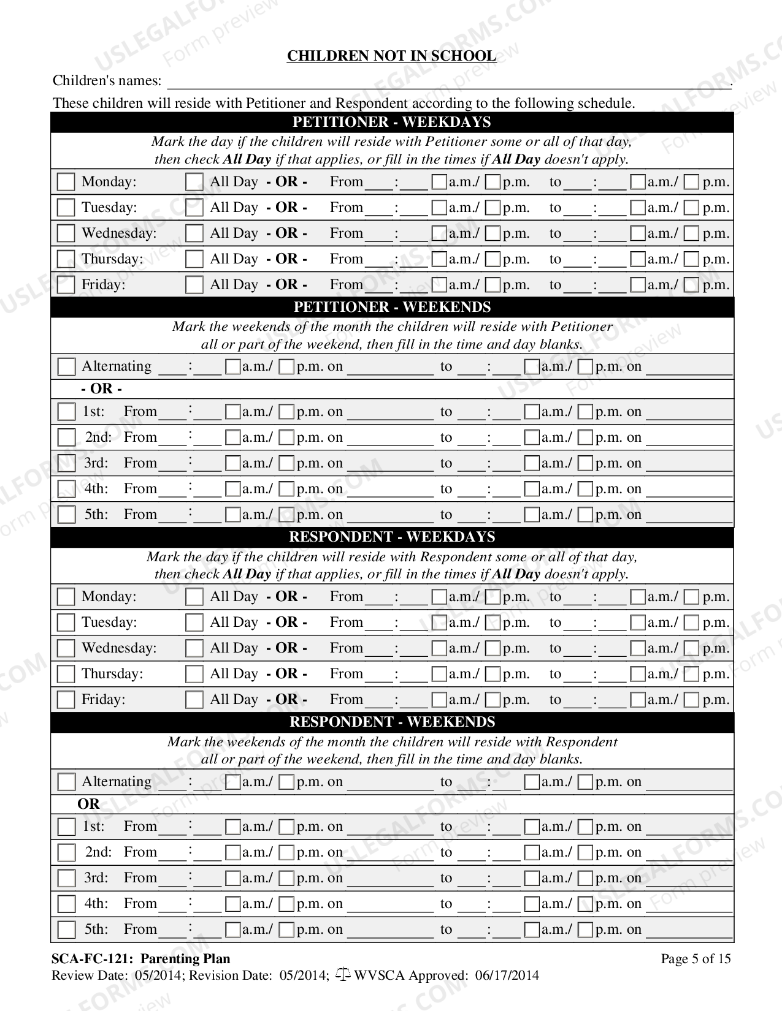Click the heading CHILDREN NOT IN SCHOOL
pos(391,56)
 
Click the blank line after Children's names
pos(449,82)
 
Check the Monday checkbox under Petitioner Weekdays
pos(66,182)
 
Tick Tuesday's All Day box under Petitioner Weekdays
pos(194,208)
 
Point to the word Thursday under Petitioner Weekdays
pos(112,259)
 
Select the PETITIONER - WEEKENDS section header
pos(392,307)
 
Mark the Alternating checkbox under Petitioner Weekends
pos(66,367)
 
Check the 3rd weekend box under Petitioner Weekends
pos(66,464)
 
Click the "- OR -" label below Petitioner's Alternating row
pos(102,389)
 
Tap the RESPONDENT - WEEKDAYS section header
pos(392,537)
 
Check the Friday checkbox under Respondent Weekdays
pos(66,700)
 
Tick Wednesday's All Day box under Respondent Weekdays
pos(194,648)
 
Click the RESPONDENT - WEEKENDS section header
pos(392,722)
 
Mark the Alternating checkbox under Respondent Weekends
pos(66,782)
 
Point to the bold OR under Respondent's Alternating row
pos(89,804)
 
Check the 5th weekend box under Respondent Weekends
pos(66,930)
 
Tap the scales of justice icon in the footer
pos(343,975)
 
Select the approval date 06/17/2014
pos(507,975)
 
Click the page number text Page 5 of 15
pos(696,959)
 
